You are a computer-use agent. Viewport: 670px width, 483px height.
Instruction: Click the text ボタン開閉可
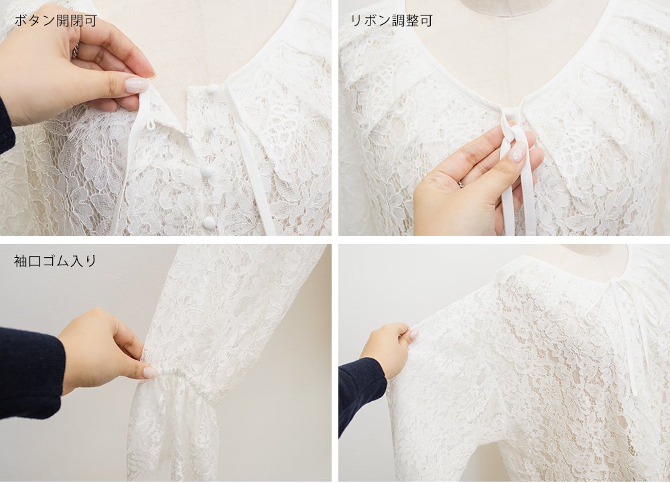click(56, 21)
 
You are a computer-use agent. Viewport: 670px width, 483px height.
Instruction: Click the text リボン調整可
click(391, 21)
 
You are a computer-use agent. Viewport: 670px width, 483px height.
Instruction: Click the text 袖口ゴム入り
click(55, 261)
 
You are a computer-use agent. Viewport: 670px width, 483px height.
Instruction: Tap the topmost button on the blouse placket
click(212, 88)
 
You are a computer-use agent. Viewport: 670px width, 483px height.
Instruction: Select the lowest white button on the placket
click(209, 222)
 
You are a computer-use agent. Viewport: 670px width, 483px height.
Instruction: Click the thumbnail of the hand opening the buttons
click(137, 85)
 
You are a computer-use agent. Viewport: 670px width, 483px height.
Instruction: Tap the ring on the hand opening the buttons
click(75, 51)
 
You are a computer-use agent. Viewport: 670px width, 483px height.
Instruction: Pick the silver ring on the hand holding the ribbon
click(462, 184)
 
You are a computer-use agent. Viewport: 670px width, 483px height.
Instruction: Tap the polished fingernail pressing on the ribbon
click(518, 152)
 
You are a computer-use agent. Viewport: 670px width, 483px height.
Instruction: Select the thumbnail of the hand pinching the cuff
click(150, 372)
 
